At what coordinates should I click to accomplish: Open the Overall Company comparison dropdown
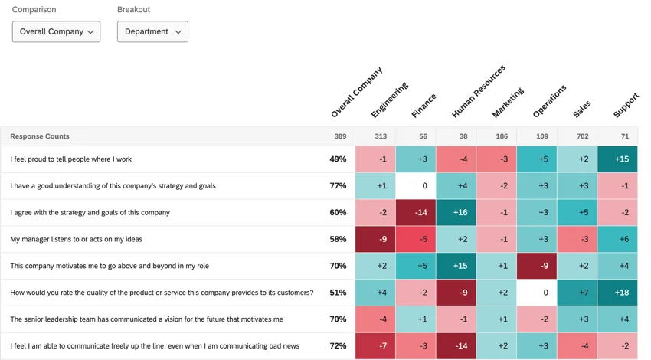[56, 31]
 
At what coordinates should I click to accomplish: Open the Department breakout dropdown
[152, 31]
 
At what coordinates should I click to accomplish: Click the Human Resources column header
[478, 92]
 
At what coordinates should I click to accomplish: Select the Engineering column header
[389, 100]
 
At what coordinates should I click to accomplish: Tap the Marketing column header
[508, 103]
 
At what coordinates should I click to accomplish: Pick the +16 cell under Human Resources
[456, 212]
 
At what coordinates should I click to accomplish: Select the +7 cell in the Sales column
[577, 293]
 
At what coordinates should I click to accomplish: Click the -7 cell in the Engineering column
[375, 346]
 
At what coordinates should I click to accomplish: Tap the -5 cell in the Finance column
[416, 239]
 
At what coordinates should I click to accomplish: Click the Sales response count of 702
[577, 136]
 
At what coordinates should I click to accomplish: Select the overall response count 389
[339, 136]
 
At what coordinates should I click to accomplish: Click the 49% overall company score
[338, 159]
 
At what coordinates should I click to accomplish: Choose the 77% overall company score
[338, 185]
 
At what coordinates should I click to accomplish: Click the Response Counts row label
[40, 136]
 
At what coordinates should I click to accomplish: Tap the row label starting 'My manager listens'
[76, 239]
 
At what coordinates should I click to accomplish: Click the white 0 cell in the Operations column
[536, 293]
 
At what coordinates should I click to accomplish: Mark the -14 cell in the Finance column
[416, 212]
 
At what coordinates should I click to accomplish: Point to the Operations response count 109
[536, 136]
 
